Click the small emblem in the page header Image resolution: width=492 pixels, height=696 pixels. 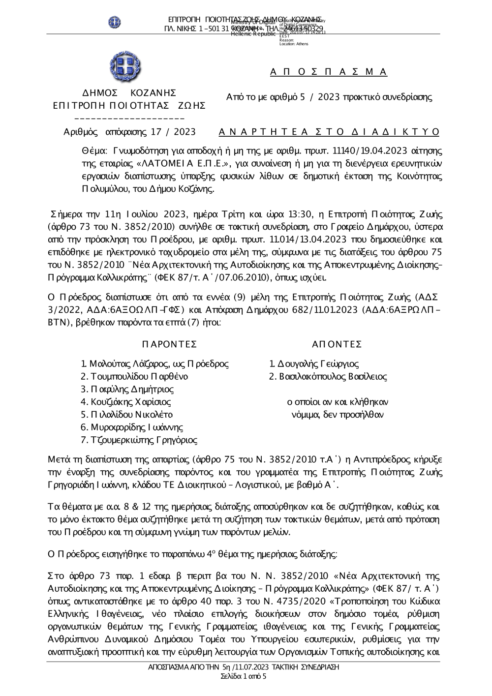[115, 22]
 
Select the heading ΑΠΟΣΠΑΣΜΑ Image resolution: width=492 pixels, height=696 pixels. [329, 72]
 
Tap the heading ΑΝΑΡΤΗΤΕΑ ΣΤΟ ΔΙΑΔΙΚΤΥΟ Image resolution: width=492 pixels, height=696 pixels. [329, 132]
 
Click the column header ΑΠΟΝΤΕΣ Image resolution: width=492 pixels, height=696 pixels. [337, 343]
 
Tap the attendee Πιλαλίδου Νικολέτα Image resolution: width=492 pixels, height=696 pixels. [126, 415]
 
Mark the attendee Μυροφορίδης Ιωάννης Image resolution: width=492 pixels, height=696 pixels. [132, 427]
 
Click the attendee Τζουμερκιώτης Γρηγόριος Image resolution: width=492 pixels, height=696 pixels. [139, 440]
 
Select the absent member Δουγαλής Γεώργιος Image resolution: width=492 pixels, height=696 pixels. [314, 364]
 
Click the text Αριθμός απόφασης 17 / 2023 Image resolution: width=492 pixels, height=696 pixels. [130, 132]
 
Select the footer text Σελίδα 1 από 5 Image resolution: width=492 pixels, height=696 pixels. [244, 676]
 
